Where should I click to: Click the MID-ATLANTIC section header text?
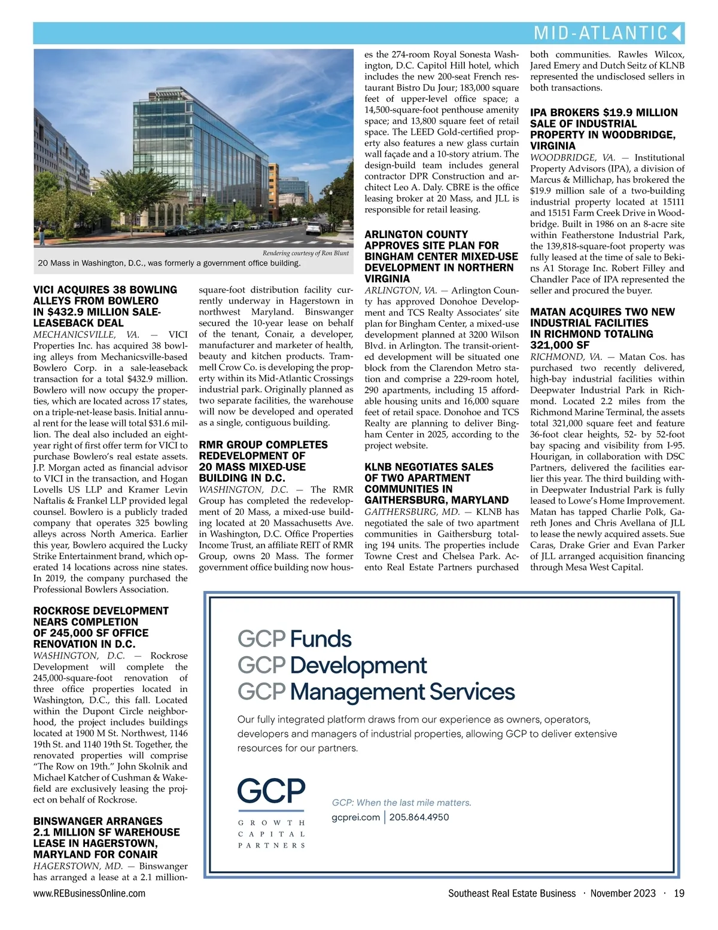pos(600,32)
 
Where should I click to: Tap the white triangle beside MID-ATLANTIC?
pos(677,32)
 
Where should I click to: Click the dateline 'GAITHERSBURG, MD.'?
pos(412,512)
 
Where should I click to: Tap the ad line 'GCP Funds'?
pos(294,639)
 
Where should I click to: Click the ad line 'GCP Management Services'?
pos(376,692)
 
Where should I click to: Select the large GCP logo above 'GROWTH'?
pos(271,791)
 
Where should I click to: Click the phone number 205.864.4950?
pos(419,817)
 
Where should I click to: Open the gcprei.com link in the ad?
pos(355,817)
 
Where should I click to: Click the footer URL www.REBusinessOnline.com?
pos(89,894)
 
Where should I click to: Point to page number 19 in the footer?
pos(679,894)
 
